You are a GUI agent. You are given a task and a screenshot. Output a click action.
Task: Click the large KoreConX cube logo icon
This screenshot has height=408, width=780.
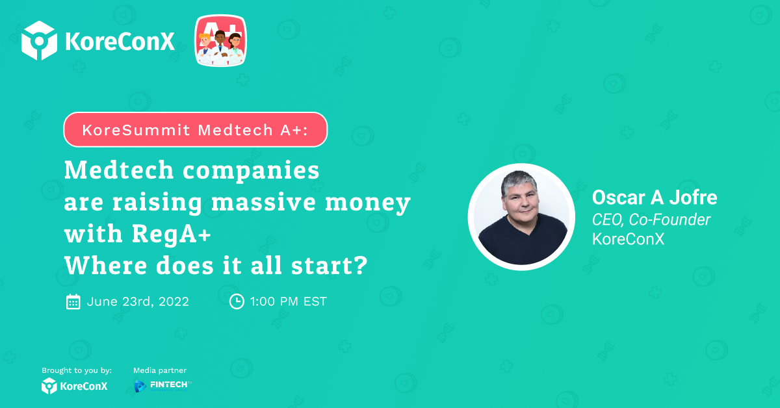tap(39, 40)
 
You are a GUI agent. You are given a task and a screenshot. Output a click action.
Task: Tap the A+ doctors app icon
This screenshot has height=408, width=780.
tap(220, 40)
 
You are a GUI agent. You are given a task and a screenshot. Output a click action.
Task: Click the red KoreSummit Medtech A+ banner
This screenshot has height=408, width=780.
tap(196, 129)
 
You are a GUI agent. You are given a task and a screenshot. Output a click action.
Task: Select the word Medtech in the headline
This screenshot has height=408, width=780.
tap(119, 171)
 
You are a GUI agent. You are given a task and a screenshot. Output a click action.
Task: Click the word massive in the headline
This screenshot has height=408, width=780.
tap(264, 202)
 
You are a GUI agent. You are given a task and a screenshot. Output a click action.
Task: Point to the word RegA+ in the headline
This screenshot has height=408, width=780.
tap(172, 235)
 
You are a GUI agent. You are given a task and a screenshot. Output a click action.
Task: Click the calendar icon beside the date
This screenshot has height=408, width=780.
tap(73, 301)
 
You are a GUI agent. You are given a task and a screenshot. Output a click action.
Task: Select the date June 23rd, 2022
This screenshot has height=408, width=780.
tap(138, 301)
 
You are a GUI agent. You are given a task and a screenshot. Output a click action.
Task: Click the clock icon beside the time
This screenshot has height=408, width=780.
tap(237, 301)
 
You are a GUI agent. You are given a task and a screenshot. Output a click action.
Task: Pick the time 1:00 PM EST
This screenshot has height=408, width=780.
tap(289, 301)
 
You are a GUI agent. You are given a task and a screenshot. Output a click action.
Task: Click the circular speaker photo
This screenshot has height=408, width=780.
tap(521, 216)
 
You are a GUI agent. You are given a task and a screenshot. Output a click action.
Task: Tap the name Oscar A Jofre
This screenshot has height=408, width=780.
tap(655, 198)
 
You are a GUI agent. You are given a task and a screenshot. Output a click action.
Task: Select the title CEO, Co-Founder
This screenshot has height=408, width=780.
tap(651, 220)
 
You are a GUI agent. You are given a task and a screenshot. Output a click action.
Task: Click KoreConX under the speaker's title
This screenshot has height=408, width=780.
tap(628, 239)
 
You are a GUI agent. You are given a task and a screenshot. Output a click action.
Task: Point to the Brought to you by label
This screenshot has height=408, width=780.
tap(77, 370)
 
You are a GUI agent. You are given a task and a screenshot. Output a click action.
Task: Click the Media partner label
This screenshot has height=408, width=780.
tap(160, 370)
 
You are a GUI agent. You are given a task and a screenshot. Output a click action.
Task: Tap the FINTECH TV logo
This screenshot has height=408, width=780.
tap(163, 386)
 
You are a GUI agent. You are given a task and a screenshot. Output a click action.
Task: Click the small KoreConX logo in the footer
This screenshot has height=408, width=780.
tap(75, 386)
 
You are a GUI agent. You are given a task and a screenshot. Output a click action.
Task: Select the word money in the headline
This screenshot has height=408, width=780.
tap(368, 203)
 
